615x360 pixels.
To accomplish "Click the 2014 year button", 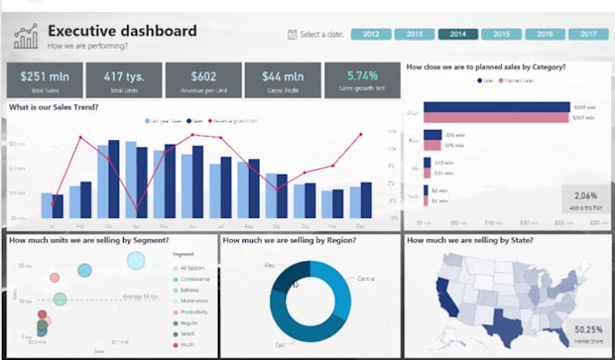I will pyautogui.click(x=459, y=34).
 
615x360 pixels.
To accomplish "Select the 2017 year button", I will pyautogui.click(x=588, y=34).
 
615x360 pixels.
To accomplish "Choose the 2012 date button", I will pyautogui.click(x=371, y=34).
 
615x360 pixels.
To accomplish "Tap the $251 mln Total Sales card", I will pyautogui.click(x=40, y=79).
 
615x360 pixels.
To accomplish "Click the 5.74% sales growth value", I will pyautogui.click(x=360, y=75).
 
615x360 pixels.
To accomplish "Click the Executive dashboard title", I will pyautogui.click(x=121, y=32).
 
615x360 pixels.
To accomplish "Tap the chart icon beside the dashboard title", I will pyautogui.click(x=25, y=37).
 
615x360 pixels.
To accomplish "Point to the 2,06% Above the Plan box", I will pyautogui.click(x=585, y=200).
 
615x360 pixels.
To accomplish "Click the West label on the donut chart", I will pyautogui.click(x=269, y=266).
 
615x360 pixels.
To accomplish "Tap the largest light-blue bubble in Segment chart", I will pyautogui.click(x=136, y=261).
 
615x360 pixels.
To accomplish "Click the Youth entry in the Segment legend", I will pyautogui.click(x=186, y=344).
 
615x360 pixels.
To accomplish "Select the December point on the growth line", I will pyautogui.click(x=361, y=134).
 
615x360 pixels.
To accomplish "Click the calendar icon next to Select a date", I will pyautogui.click(x=290, y=34).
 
